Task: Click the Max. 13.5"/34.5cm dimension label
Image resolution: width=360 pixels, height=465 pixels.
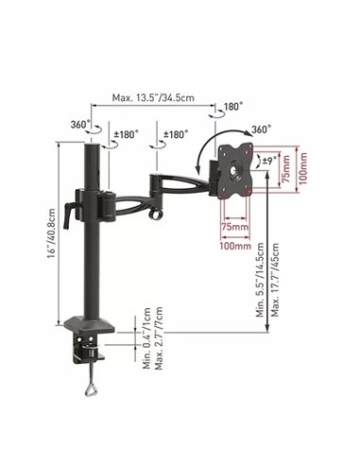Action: (x=153, y=97)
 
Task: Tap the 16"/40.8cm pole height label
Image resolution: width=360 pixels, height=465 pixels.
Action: (x=52, y=232)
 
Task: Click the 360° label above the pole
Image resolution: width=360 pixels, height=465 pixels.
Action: (x=78, y=125)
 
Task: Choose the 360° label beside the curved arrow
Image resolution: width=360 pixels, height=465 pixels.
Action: (x=262, y=129)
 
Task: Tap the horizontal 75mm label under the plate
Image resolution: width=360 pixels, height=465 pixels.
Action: (x=234, y=227)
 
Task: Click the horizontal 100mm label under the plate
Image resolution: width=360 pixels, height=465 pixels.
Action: (x=235, y=246)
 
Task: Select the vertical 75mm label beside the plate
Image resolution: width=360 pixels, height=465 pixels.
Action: (x=286, y=168)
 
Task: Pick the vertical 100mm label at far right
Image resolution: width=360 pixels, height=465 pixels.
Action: (x=302, y=168)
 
